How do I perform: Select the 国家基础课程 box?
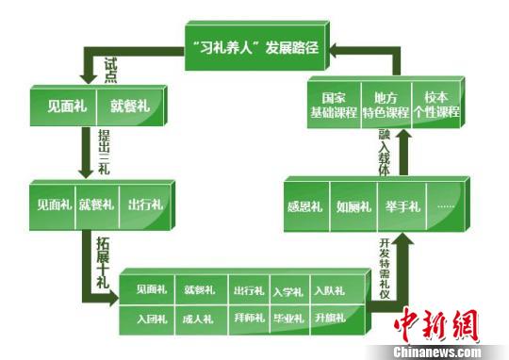(x=335, y=106)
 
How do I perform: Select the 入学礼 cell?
(x=288, y=291)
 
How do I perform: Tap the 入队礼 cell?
(x=329, y=291)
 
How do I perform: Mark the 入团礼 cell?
(x=150, y=319)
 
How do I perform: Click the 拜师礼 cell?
(x=248, y=319)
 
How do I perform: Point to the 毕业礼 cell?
(x=288, y=319)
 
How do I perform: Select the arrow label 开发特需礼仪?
(x=383, y=268)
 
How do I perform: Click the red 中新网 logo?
(x=435, y=325)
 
